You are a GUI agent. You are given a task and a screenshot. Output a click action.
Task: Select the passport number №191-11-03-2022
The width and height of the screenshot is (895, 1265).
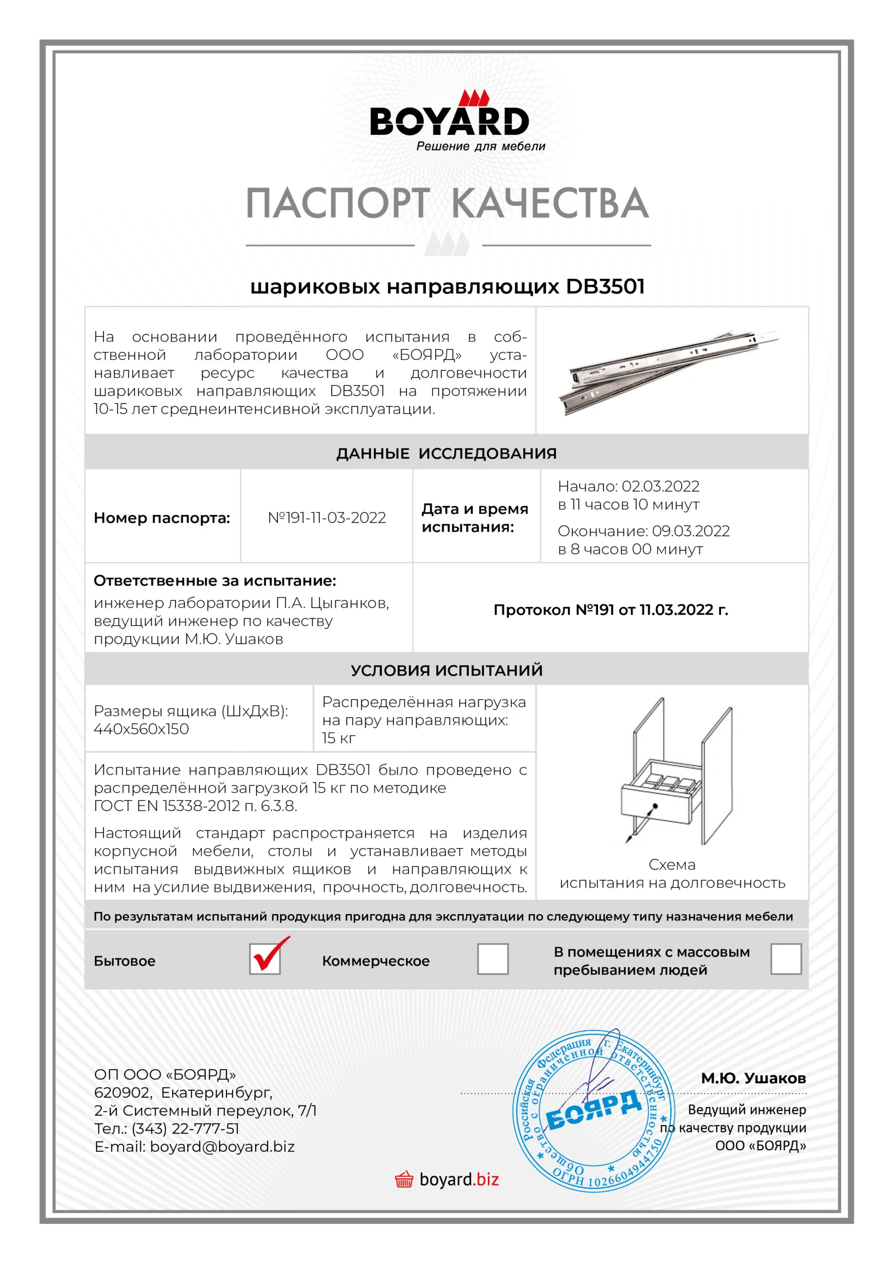pos(326,518)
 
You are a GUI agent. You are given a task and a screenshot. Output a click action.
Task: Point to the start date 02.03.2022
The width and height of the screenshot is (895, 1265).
pos(661,487)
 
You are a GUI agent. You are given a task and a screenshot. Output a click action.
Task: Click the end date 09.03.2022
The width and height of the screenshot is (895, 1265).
pos(691,531)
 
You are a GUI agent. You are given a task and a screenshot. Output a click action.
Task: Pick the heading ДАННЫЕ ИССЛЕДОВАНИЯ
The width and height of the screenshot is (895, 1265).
pos(446,454)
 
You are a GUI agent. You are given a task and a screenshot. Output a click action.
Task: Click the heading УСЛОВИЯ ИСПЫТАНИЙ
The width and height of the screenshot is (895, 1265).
pos(446,670)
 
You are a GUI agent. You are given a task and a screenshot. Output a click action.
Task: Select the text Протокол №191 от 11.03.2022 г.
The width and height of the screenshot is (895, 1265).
pos(611,610)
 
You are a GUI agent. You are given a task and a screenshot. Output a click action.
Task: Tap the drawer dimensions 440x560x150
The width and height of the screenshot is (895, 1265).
pos(141,729)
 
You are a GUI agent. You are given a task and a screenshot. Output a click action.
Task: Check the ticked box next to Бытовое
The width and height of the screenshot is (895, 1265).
pos(265,959)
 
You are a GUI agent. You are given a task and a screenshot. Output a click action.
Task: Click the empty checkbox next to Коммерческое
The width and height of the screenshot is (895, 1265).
pos(492,959)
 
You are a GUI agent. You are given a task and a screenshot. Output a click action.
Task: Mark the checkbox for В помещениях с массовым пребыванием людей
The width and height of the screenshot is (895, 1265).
pos(785,959)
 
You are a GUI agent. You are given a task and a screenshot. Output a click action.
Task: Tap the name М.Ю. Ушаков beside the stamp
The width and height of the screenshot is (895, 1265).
pos(753,1078)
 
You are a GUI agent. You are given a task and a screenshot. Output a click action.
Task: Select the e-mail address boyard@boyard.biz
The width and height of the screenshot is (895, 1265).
pos(222,1146)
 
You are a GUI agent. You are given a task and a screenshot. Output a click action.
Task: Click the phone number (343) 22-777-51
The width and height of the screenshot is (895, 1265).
pos(185,1128)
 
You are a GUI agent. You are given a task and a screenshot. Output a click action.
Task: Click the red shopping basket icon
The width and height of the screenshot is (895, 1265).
pos(403,1180)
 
